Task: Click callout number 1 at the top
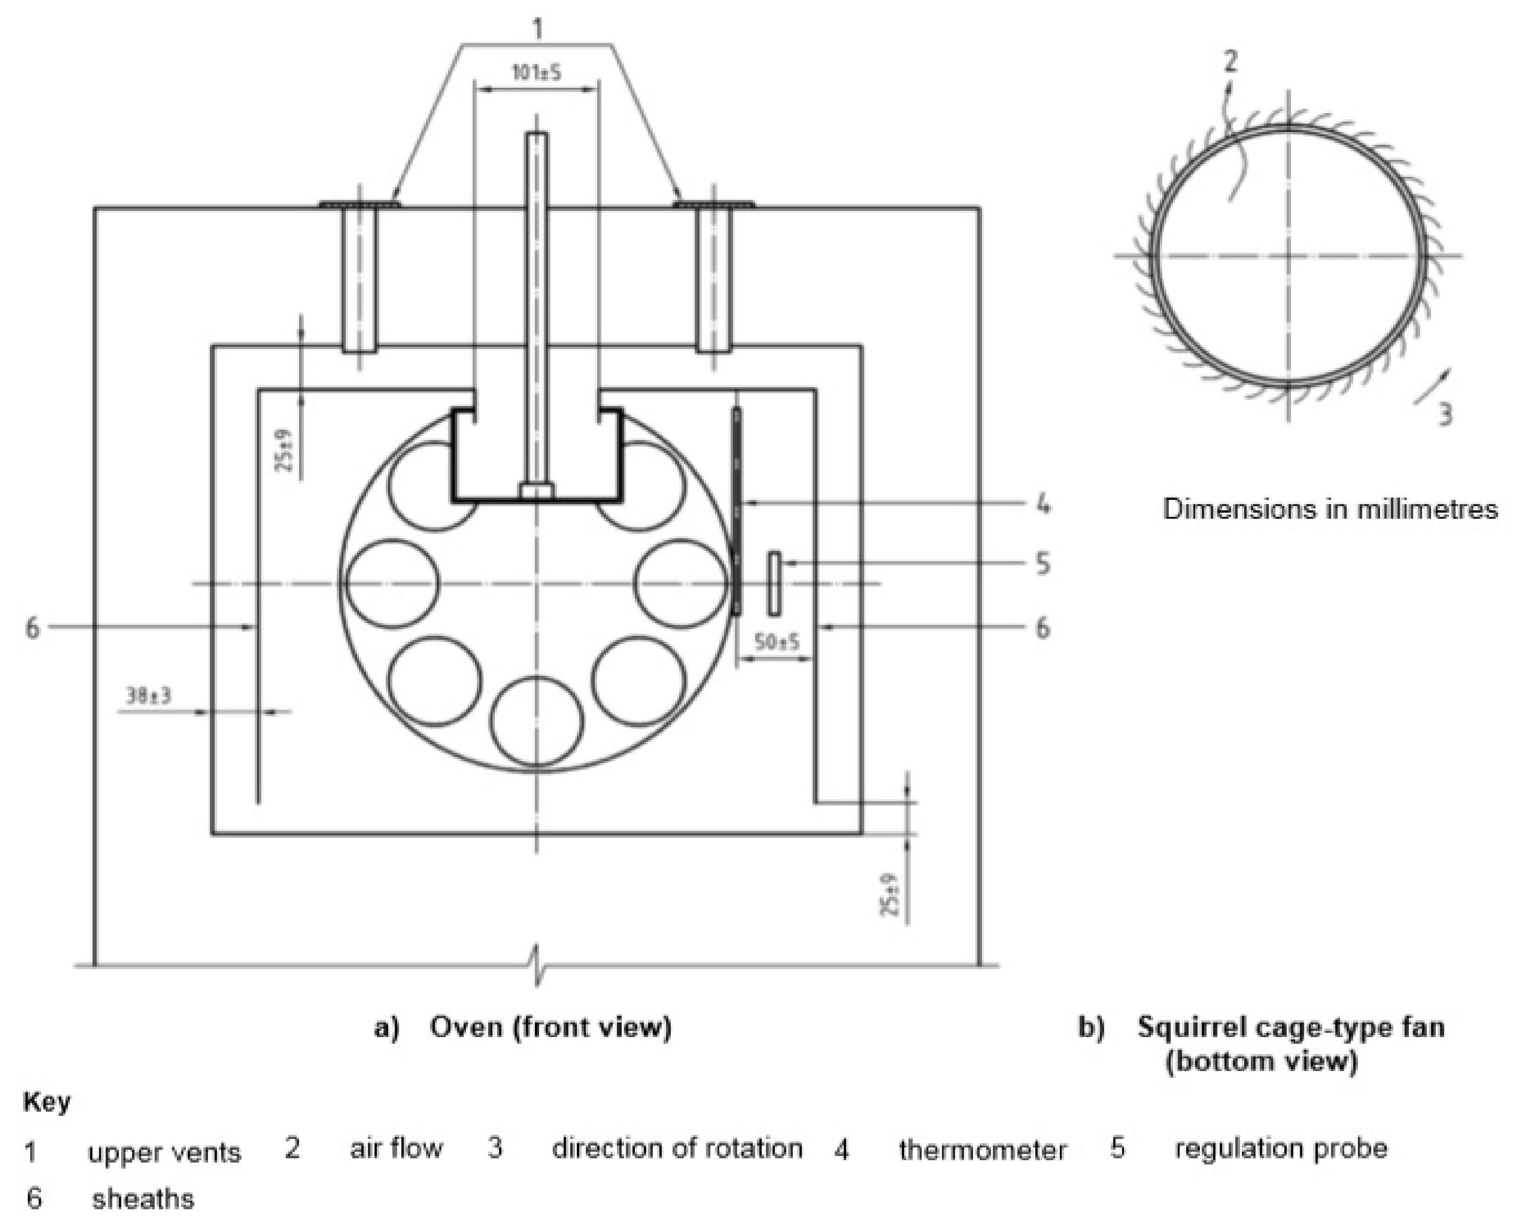538,29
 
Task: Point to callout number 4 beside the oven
1042,505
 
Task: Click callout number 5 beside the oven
1042,564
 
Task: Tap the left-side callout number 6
33,628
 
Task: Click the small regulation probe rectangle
774,583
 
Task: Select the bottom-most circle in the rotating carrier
537,721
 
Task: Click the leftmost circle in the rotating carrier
392,583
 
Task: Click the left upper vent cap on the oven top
359,205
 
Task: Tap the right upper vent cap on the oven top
714,205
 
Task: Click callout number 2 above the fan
1230,62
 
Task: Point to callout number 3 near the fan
1445,414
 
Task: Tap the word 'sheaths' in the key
142,1199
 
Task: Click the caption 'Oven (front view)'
550,1027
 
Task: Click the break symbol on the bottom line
538,965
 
